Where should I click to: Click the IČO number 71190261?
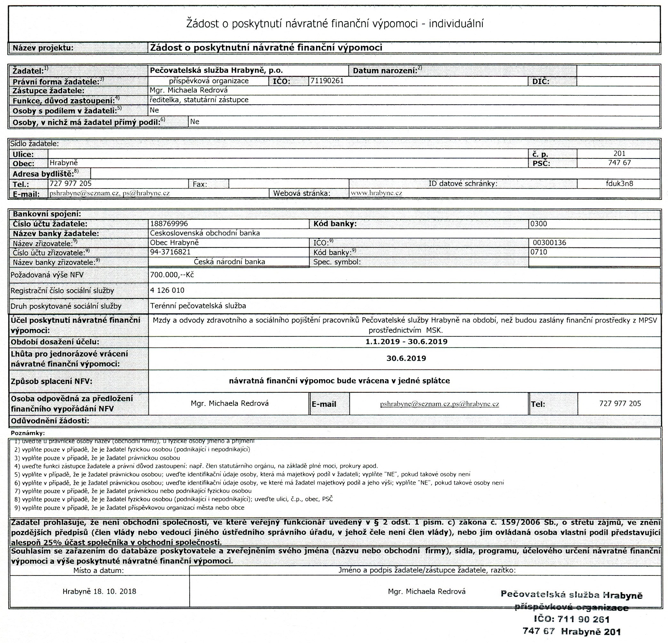click(x=327, y=81)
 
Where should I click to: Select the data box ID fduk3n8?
click(x=620, y=183)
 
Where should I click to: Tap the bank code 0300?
click(x=538, y=224)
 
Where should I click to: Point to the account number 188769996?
click(x=169, y=224)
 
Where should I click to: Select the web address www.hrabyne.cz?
click(x=376, y=193)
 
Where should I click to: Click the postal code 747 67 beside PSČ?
click(x=619, y=163)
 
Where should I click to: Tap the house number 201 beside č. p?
click(x=619, y=153)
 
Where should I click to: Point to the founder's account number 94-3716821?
click(x=170, y=252)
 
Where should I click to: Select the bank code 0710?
click(x=538, y=252)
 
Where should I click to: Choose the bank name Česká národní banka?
click(x=229, y=261)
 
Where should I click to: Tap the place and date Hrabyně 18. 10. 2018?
click(x=99, y=591)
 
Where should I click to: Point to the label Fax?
click(x=200, y=184)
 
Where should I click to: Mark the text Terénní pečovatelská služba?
click(x=198, y=306)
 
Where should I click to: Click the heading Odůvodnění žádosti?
click(x=50, y=421)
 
